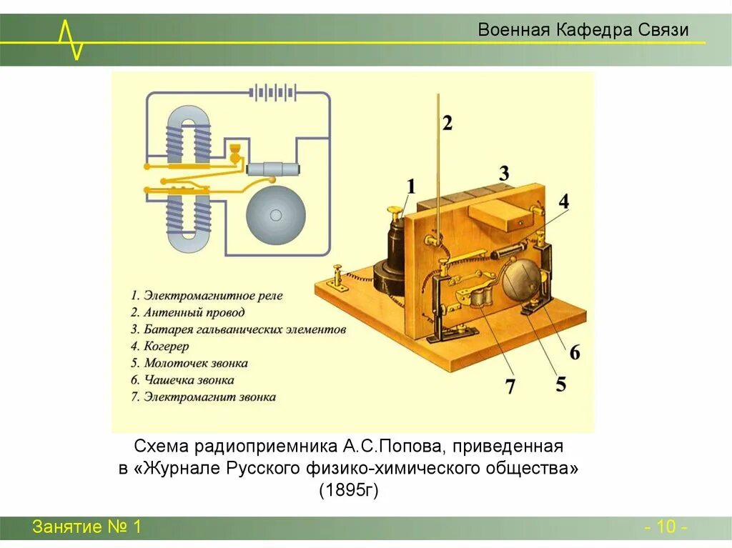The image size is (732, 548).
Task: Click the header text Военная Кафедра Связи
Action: click(583, 30)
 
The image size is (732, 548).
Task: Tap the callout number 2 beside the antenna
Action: click(447, 123)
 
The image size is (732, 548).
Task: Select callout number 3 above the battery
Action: click(504, 173)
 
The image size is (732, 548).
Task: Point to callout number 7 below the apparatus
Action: click(510, 387)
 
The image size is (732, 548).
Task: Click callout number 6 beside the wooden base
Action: click(575, 352)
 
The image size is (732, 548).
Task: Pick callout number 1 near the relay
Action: click(410, 186)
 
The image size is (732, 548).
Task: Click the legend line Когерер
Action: click(167, 347)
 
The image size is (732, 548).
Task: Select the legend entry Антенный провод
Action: click(194, 312)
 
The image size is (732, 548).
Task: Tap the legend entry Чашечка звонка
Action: click(189, 380)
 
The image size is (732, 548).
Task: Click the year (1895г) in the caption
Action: click(348, 490)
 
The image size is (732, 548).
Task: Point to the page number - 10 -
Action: click(666, 528)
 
